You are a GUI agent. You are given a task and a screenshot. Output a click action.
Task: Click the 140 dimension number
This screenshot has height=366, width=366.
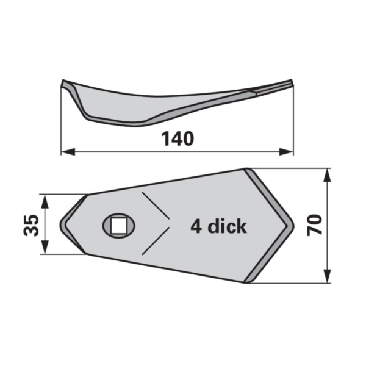178,139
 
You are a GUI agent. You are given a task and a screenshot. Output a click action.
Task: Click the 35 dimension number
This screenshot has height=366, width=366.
31,225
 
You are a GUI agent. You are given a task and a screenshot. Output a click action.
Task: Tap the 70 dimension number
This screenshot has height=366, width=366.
314,225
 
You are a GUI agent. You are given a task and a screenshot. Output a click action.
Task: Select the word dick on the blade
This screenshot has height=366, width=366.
227,226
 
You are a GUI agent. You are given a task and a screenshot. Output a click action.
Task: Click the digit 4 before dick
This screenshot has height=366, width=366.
196,226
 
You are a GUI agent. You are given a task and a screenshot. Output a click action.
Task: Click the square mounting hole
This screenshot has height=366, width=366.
119,226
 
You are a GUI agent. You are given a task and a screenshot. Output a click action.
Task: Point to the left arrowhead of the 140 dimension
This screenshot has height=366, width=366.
68,152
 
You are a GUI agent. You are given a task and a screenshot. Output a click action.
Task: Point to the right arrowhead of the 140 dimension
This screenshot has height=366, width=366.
287,152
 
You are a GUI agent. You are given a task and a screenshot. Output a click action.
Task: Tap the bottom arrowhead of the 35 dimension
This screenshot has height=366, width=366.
45,247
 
